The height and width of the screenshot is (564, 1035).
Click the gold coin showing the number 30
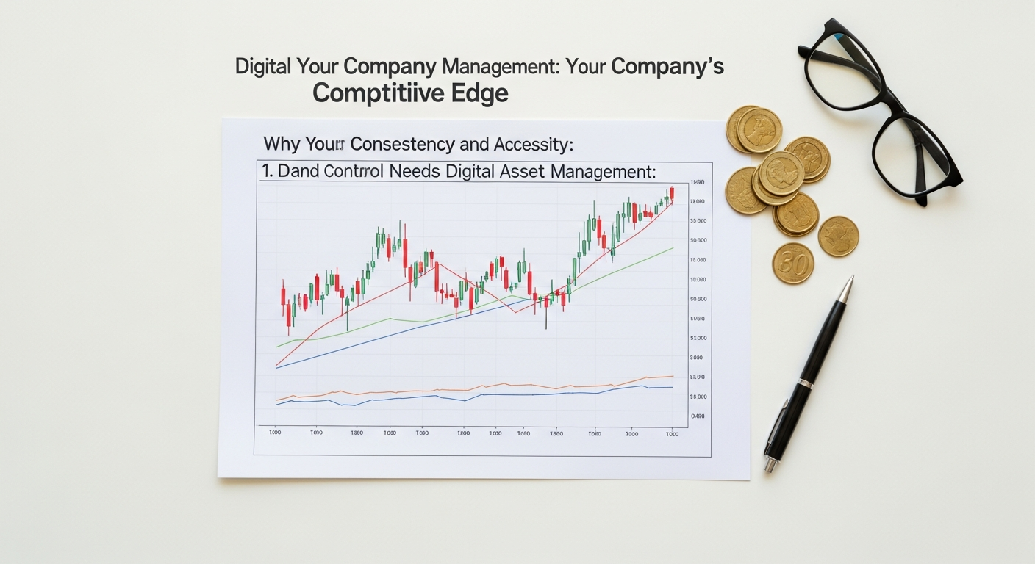793,263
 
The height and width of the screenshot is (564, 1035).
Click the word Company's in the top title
667,66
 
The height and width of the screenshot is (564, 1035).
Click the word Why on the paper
281,144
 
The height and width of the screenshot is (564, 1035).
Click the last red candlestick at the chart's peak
671,194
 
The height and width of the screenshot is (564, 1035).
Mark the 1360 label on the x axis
357,433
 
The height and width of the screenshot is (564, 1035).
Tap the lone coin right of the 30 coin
838,236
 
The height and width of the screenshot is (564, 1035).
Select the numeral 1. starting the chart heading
268,172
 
